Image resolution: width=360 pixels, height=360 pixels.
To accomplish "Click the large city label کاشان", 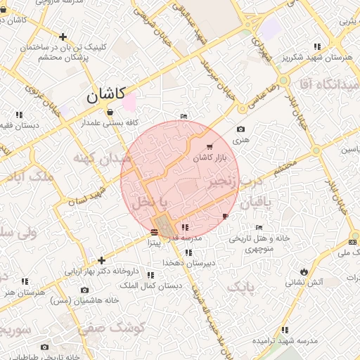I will pos(105,96).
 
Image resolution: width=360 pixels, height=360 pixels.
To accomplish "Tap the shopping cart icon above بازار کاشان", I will pos(210,147).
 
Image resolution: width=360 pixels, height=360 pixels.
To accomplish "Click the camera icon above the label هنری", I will pos(241,129).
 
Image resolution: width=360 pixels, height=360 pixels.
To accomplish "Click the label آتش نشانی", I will pos(304,282).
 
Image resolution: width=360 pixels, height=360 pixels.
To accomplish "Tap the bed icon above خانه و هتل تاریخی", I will pos(259,228).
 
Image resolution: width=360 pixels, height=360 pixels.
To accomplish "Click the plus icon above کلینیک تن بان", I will pos(63,37).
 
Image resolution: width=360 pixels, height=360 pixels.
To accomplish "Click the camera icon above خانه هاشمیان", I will pos(84,289).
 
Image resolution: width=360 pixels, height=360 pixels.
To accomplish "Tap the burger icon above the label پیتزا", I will pos(154,231).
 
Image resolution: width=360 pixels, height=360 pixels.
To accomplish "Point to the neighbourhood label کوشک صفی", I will pos(111,327).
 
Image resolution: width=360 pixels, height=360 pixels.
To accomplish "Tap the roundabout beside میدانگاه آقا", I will pos(316,150).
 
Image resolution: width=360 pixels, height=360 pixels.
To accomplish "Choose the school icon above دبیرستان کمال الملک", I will pos(150,275).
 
